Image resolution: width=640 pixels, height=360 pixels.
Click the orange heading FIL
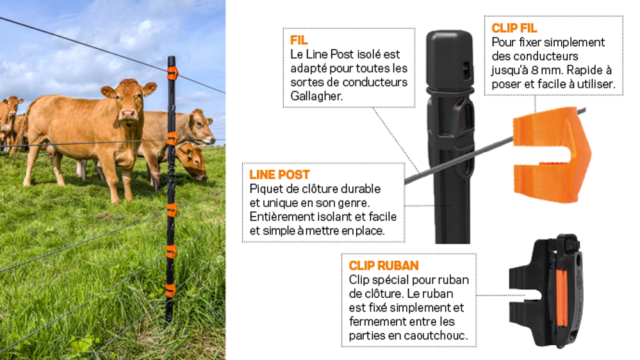pyautogui.click(x=299, y=40)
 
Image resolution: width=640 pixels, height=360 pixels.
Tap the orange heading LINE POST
pyautogui.click(x=279, y=175)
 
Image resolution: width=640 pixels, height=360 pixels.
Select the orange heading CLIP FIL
pyautogui.click(x=514, y=28)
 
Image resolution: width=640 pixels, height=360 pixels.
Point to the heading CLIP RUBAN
pyautogui.click(x=384, y=266)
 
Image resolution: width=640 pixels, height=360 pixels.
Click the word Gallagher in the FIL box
pyautogui.click(x=316, y=96)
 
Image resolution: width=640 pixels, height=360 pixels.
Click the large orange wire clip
pyautogui.click(x=552, y=155)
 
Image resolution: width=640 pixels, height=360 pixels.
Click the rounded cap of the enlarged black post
pyautogui.click(x=449, y=58)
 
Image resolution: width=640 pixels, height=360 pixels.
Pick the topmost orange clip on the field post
pyautogui.click(x=172, y=73)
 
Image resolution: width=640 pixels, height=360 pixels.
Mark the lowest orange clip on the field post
pyautogui.click(x=170, y=290)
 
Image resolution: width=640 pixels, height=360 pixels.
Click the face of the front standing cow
pyautogui.click(x=127, y=104)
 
